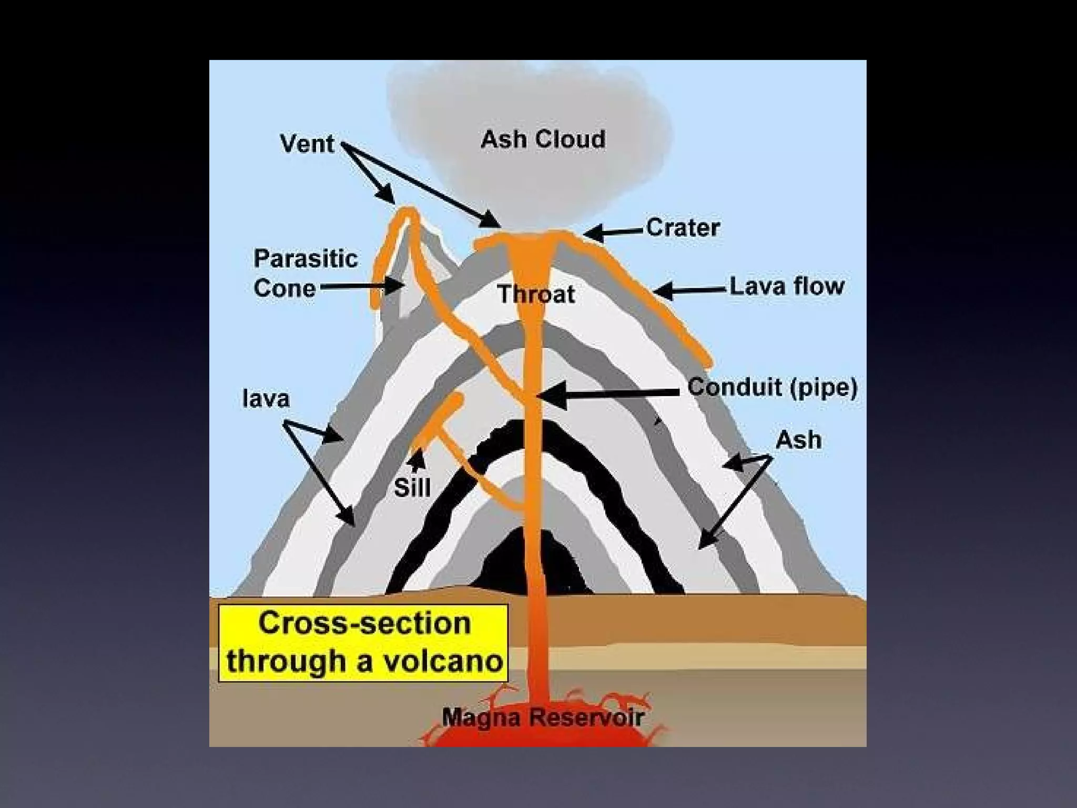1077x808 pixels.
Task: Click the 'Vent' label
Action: (307, 144)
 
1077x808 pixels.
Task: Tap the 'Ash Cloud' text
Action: (543, 139)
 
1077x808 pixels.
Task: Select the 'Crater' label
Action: (683, 228)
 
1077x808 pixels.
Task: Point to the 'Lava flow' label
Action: (787, 287)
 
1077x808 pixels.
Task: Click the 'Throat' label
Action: (536, 294)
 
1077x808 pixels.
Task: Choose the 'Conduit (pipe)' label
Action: (773, 388)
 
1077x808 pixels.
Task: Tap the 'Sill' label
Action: (412, 488)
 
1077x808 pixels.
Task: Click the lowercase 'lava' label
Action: (266, 399)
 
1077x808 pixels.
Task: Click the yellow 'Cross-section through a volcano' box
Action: (363, 643)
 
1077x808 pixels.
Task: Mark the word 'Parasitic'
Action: (306, 259)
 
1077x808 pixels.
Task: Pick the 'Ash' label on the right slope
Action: (798, 440)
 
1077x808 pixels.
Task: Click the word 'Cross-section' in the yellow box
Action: (364, 624)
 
